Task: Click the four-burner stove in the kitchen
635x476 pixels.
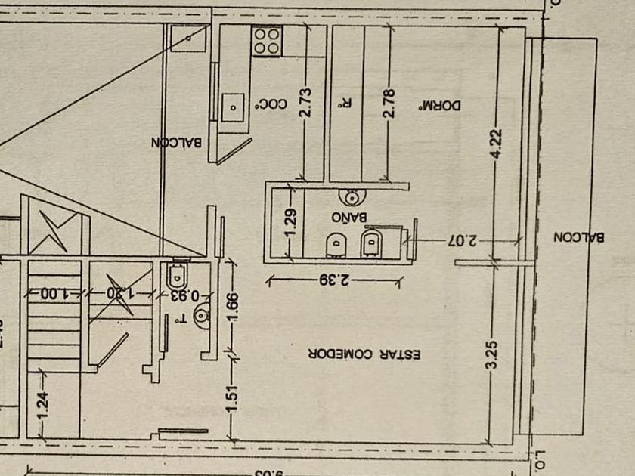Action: click(266, 41)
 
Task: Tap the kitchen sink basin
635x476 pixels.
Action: click(234, 106)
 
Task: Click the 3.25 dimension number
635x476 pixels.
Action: click(493, 354)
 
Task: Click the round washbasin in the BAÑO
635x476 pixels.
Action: click(353, 197)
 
